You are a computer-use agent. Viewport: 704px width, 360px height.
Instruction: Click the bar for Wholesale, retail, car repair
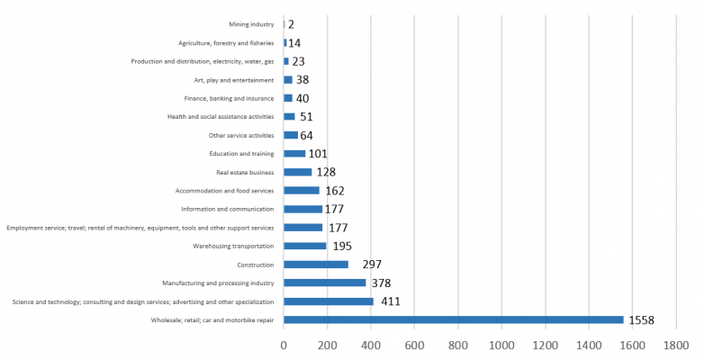coord(453,319)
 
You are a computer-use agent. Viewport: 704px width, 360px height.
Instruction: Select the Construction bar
coord(316,265)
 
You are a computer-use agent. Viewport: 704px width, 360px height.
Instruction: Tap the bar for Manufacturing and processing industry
coord(325,283)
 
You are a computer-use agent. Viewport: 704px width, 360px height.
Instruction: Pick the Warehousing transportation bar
coord(304,246)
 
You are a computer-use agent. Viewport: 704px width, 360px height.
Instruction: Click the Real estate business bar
coord(297,172)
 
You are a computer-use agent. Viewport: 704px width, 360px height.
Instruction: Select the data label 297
coord(372,265)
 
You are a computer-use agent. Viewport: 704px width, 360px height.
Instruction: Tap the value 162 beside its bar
coord(335,191)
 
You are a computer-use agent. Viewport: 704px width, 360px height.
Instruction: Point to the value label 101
coord(318,154)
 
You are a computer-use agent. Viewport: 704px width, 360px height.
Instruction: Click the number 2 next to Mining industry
coord(291,24)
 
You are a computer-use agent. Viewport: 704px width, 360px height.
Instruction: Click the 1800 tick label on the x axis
coord(676,345)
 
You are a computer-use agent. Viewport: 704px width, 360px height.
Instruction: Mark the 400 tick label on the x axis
coord(371,345)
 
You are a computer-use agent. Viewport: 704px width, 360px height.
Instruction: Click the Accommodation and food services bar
coord(302,191)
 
